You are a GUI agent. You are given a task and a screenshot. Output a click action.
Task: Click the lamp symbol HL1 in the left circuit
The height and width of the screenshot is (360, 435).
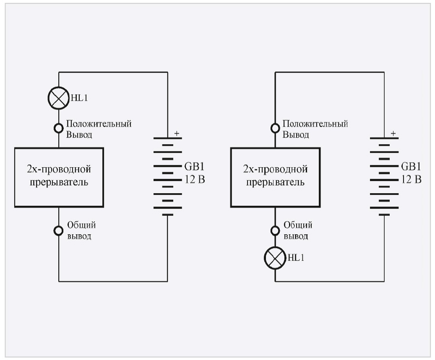(58, 98)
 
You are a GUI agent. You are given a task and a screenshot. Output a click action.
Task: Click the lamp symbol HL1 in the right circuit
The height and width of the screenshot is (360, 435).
(275, 257)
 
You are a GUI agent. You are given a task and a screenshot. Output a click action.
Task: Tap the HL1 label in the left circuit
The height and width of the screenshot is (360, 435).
(78, 98)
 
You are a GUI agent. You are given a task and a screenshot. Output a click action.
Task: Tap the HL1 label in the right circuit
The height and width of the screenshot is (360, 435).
(295, 257)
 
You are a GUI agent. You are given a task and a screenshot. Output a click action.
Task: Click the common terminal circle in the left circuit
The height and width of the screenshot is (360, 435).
(58, 230)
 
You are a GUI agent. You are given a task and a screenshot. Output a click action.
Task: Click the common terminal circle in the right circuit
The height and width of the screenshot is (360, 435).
(275, 230)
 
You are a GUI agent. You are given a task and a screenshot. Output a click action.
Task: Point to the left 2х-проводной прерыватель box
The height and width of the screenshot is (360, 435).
(59, 177)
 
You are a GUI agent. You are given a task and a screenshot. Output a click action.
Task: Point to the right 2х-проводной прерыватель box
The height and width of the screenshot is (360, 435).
(275, 177)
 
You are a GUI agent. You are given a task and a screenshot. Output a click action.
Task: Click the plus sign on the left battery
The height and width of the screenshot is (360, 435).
(176, 134)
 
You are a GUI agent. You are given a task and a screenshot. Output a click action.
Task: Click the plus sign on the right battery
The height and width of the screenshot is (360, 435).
(393, 134)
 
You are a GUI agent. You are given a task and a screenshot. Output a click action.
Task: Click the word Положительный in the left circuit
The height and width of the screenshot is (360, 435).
(99, 124)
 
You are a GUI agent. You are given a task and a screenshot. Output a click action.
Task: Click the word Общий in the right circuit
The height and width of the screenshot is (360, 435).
(298, 225)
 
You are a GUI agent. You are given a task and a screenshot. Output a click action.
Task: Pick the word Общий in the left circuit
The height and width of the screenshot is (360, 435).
(81, 225)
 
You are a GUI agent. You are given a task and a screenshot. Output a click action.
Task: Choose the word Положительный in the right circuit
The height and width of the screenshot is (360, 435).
(315, 124)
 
